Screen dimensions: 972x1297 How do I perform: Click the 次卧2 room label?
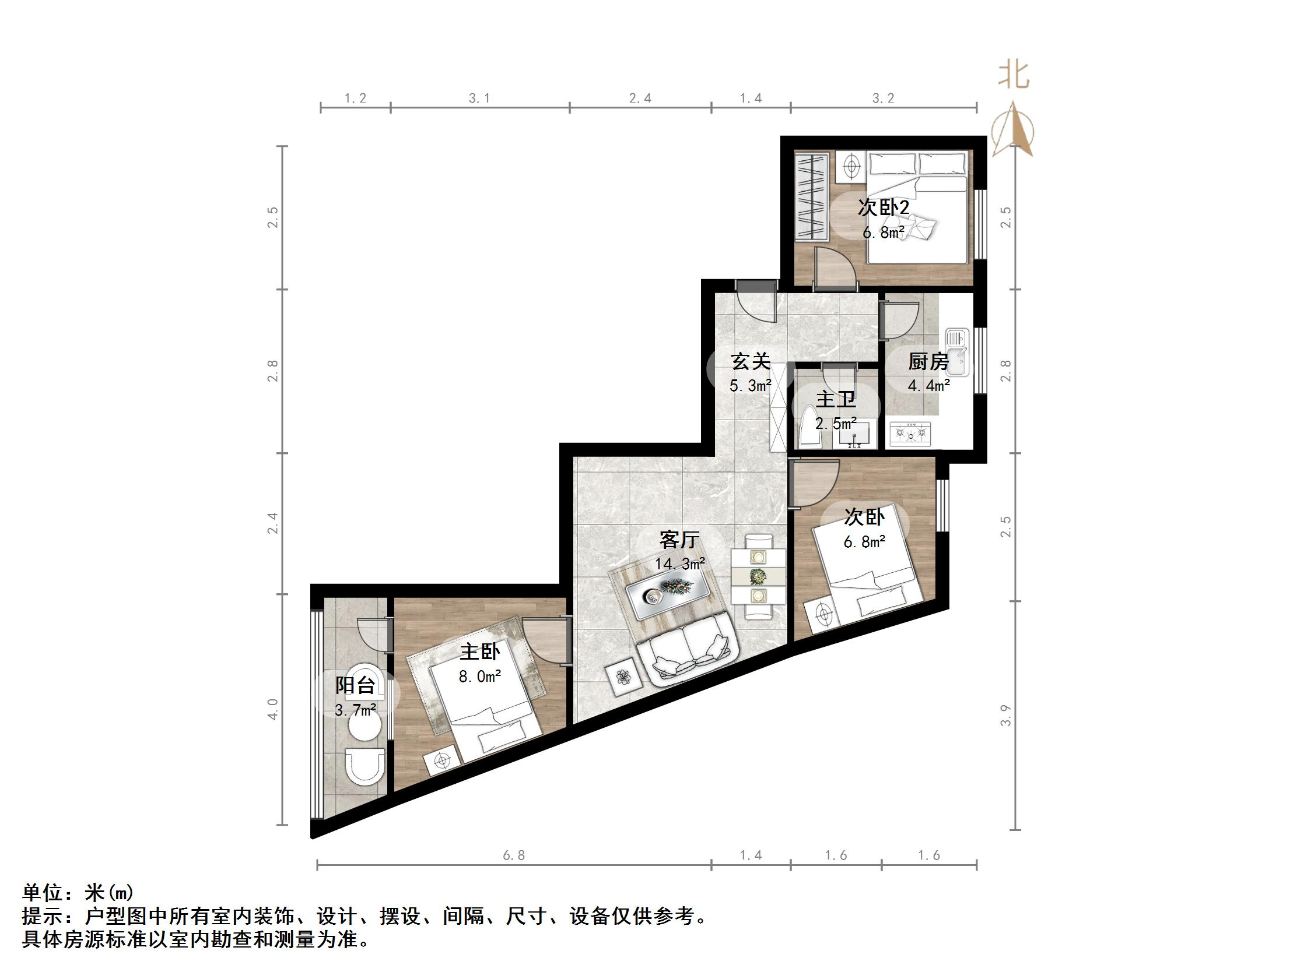[883, 207]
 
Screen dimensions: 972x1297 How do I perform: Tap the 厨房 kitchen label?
[929, 361]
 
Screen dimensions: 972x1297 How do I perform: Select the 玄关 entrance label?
[751, 361]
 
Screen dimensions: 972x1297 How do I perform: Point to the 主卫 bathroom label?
[836, 400]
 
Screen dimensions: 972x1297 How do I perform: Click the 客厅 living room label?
[679, 539]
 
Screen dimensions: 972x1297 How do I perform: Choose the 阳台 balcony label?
[355, 685]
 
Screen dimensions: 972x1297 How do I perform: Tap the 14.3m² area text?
[679, 564]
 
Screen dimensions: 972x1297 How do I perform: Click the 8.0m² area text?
[479, 677]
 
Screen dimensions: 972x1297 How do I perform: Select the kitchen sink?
[957, 351]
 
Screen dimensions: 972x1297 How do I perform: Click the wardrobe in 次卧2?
[812, 196]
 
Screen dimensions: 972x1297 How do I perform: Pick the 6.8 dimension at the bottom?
[514, 855]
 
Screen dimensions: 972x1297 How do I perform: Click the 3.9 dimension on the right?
[1005, 716]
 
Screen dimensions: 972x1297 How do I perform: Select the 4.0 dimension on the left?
[273, 709]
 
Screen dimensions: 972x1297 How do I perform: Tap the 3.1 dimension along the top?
[479, 98]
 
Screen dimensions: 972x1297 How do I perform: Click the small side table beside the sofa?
[622, 677]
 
